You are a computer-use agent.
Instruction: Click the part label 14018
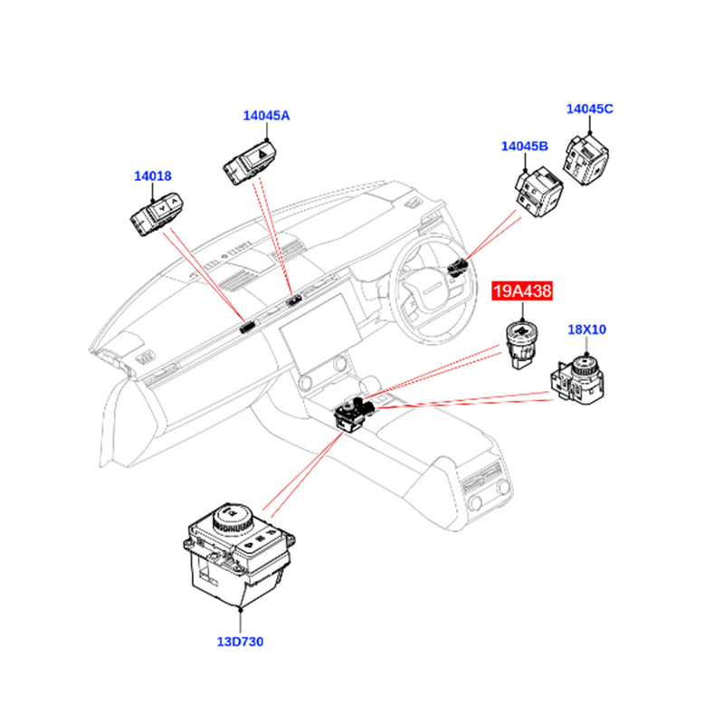[152, 177]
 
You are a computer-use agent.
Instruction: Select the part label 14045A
[266, 116]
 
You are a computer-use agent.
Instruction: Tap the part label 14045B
[526, 146]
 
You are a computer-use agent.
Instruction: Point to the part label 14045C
[590, 109]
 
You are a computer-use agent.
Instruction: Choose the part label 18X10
[586, 329]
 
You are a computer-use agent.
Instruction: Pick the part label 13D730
[240, 642]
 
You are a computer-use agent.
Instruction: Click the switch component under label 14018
[159, 214]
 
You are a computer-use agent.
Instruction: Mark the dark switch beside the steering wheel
[458, 266]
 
